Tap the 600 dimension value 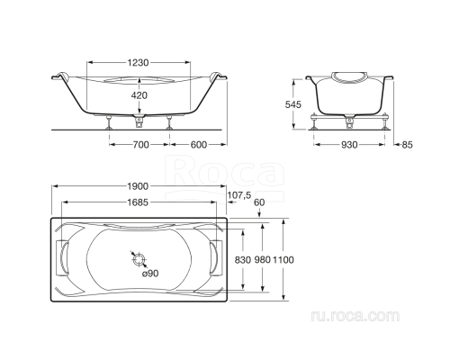coord(198,145)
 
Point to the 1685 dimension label coord(137,202)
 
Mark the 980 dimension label coord(261,259)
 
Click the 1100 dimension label coord(285,259)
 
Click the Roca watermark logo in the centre coord(207,170)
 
